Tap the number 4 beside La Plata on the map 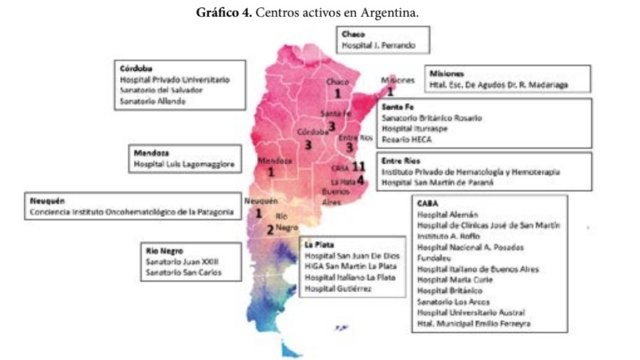click(x=360, y=178)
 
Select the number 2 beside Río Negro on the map click(x=269, y=230)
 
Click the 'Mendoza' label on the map click(x=275, y=161)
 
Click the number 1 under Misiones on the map click(x=390, y=93)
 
